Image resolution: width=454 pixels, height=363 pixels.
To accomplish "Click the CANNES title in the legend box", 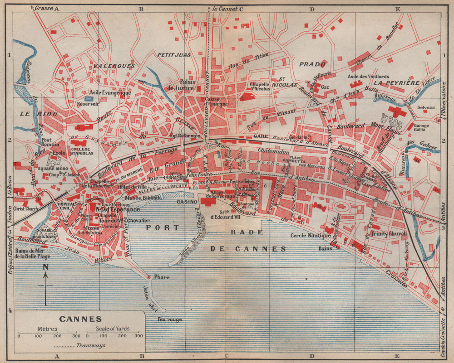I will click(80, 319).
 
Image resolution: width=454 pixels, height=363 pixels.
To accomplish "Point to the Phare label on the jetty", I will click(161, 277).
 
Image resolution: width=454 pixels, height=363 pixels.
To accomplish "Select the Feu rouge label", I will click(169, 319).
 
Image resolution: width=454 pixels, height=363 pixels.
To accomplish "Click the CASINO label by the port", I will click(187, 202).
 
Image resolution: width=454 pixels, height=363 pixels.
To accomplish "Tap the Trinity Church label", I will click(389, 234).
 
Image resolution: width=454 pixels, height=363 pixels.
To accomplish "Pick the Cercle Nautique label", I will click(311, 235).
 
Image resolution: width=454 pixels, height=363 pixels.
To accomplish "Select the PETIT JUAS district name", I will click(174, 55).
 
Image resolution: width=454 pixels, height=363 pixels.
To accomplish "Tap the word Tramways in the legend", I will click(93, 345).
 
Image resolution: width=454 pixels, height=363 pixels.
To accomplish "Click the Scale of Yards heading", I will click(112, 329).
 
